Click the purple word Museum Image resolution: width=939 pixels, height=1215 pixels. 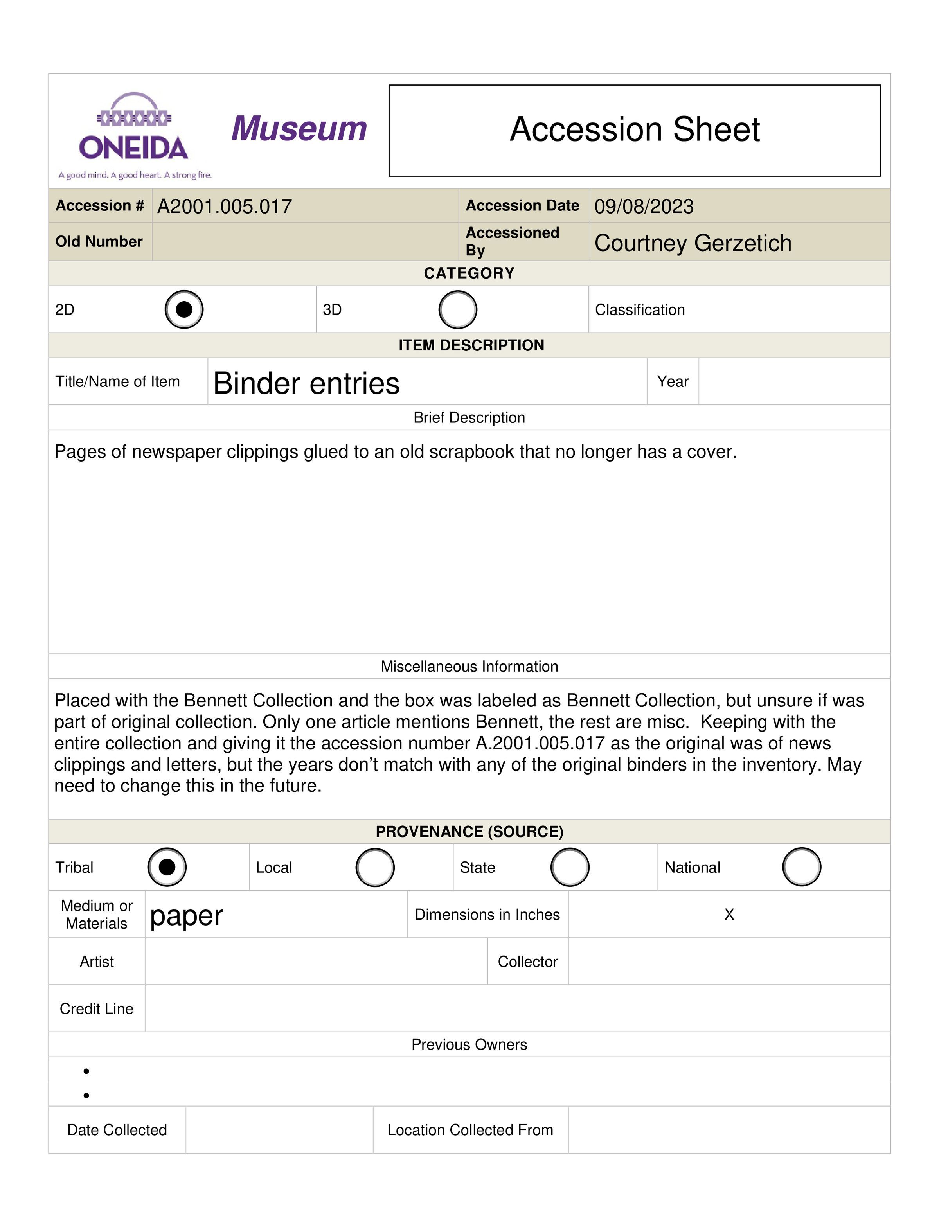(x=299, y=129)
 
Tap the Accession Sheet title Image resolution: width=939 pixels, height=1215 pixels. (x=634, y=129)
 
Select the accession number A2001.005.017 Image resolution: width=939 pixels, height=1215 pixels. (x=224, y=207)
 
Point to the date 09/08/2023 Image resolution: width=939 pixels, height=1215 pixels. (x=644, y=207)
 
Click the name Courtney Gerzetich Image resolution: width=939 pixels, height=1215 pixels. (x=693, y=243)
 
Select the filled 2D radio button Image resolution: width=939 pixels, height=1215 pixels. (x=184, y=309)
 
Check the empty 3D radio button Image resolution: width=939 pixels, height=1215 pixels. (x=457, y=309)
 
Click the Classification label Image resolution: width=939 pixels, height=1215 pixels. (x=640, y=310)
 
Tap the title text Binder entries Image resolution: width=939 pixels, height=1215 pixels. (x=306, y=383)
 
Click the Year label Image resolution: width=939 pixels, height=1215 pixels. (x=673, y=382)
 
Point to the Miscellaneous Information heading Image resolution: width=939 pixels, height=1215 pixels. (x=469, y=667)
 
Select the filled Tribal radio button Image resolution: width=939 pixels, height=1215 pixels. (x=167, y=867)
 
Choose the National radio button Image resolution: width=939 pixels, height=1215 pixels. (x=801, y=867)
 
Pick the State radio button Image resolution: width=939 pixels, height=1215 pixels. (x=570, y=867)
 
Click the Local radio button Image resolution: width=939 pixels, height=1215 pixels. (x=375, y=867)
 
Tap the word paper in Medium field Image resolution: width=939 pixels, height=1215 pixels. (x=186, y=916)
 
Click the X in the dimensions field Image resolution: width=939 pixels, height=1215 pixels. (x=729, y=915)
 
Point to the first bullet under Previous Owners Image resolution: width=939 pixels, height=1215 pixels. (x=86, y=1071)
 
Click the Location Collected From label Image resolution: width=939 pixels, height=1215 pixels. (x=470, y=1130)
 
